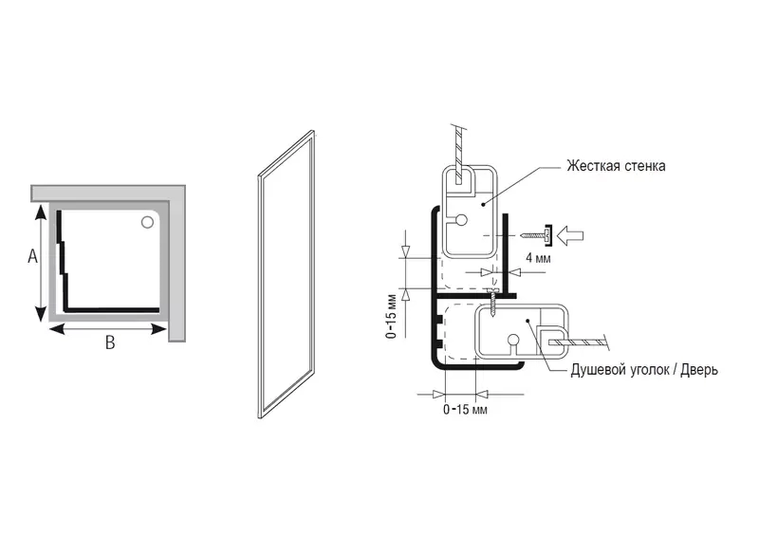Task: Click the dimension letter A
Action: point(31,257)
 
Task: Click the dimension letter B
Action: point(110,343)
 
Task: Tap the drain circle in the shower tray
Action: point(147,223)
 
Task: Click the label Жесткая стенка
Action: point(616,166)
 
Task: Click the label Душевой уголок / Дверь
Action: point(644,370)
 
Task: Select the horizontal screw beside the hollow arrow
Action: point(536,232)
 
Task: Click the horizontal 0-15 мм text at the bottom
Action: point(465,410)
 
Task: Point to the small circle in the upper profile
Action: point(462,220)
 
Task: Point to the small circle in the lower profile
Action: point(513,340)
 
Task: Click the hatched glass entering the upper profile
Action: point(458,152)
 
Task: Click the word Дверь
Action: point(697,370)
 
